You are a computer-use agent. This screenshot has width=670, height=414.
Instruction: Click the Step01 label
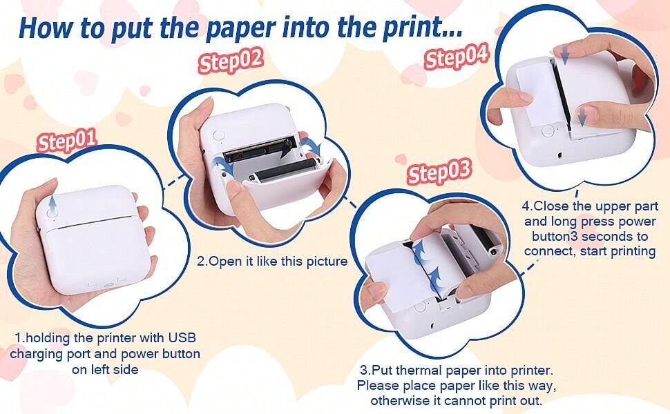(66, 142)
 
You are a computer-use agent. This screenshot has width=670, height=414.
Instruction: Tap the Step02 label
(231, 61)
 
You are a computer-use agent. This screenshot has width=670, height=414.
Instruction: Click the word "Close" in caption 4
(551, 206)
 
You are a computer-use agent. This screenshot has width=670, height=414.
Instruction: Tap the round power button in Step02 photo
(214, 136)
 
